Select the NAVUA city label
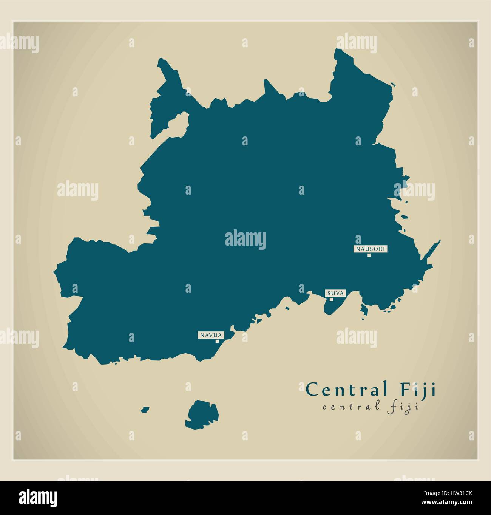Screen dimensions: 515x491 coord(212,335)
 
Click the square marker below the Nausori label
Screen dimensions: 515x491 coord(369,255)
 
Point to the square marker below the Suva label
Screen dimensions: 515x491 coord(331,299)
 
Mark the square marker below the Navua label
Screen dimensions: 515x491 coord(217,341)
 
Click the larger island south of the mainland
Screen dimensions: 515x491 coord(202,414)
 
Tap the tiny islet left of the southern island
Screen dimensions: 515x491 coord(145,409)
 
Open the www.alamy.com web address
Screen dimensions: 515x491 coord(457,501)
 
